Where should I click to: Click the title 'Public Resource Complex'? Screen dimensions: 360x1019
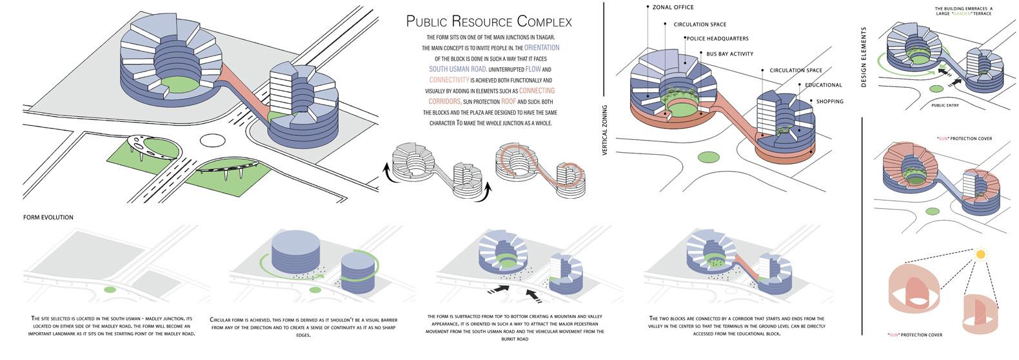click(x=489, y=21)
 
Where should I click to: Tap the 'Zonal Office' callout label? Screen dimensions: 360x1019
click(x=673, y=7)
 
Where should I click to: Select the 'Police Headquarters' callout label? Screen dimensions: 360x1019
click(x=717, y=39)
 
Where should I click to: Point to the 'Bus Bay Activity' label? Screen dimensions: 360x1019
click(x=729, y=54)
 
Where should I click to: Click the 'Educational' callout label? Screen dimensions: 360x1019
click(x=823, y=85)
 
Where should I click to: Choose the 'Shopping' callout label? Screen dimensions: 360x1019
click(x=829, y=101)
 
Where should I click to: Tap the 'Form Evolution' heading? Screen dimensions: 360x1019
click(x=48, y=217)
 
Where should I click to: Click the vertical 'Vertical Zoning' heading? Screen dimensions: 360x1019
click(x=605, y=130)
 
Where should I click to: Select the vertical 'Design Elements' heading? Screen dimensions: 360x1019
click(x=864, y=57)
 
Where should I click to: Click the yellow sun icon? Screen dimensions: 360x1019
click(x=981, y=254)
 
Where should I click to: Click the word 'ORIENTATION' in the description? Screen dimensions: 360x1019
click(x=542, y=48)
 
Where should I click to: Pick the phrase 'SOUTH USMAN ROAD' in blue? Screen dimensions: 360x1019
click(x=457, y=69)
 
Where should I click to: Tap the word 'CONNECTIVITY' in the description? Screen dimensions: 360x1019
click(x=449, y=80)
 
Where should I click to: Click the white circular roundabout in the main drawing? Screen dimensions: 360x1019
click(x=212, y=139)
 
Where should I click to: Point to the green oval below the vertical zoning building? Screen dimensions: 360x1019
click(x=708, y=157)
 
